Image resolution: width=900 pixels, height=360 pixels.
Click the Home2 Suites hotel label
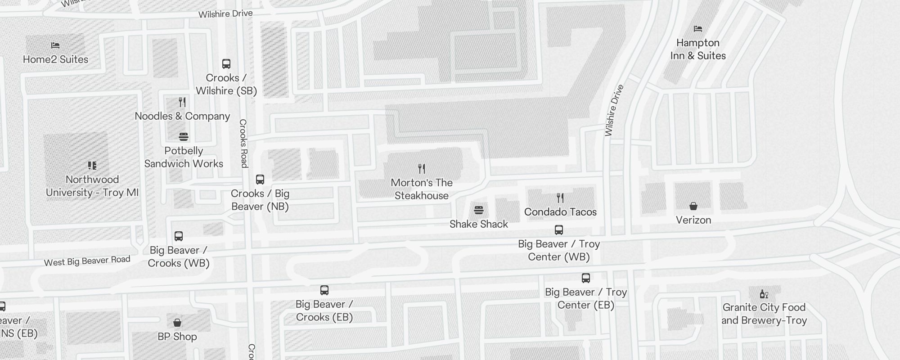pos(55,59)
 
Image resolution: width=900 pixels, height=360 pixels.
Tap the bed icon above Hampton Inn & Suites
pos(698,29)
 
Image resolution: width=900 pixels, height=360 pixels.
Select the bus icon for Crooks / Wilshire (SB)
pos(226,64)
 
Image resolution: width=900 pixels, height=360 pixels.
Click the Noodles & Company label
pos(182,116)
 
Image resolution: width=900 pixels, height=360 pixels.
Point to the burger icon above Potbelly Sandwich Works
pos(184,137)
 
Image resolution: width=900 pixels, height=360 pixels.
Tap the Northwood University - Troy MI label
pos(92,186)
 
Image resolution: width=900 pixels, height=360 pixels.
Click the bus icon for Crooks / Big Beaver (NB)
pos(260,180)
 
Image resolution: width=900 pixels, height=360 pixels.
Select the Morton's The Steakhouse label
pos(421,189)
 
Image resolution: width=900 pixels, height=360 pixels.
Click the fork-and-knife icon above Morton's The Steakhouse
pos(422,169)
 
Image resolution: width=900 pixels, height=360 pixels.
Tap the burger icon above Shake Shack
pos(479,210)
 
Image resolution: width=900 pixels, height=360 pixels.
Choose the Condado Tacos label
pos(560,212)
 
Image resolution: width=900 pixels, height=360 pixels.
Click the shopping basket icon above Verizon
pos(693,206)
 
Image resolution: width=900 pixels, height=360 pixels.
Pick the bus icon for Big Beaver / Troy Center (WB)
pos(559,230)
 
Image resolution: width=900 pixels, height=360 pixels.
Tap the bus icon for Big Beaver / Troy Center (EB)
pos(586,278)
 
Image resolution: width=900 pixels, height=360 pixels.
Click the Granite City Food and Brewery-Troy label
pos(764,314)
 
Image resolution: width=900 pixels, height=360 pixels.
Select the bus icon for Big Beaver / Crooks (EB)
pos(324,290)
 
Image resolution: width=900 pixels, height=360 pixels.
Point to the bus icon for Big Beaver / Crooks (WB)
pos(179,236)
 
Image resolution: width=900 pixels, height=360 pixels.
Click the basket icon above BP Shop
pos(177,323)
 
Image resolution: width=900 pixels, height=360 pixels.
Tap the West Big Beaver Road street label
pos(87,261)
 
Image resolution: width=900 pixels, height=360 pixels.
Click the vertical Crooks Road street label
pos(243,143)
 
